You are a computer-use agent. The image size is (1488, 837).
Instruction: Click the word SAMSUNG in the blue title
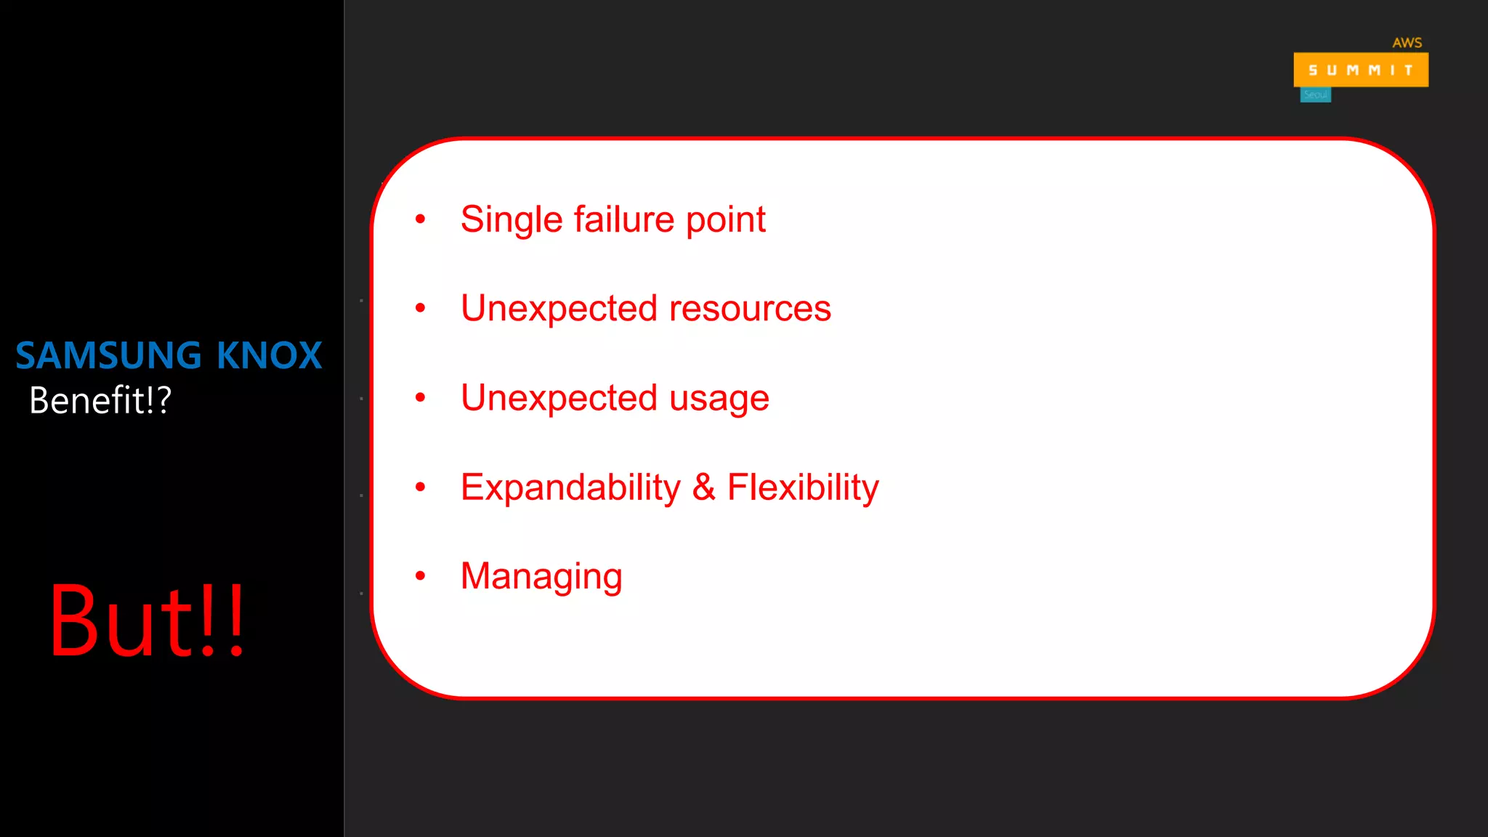click(x=108, y=356)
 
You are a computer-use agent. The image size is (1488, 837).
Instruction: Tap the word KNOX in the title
click(x=269, y=356)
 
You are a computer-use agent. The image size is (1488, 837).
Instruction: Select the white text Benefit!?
click(x=100, y=400)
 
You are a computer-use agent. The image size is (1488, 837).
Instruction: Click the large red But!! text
click(x=147, y=621)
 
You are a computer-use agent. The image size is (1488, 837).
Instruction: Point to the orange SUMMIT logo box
click(x=1360, y=70)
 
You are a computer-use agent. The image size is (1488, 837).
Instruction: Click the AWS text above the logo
click(x=1407, y=43)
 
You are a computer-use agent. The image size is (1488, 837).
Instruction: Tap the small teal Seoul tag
click(x=1315, y=95)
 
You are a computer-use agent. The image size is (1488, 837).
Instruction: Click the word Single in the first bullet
click(x=511, y=220)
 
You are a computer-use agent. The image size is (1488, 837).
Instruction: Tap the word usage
click(x=719, y=399)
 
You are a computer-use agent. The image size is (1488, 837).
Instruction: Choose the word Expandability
click(x=570, y=488)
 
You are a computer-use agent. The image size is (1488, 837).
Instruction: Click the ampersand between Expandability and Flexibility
click(x=703, y=487)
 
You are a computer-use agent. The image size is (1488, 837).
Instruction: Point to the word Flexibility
click(x=803, y=488)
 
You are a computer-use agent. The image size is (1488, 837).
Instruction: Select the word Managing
click(x=541, y=577)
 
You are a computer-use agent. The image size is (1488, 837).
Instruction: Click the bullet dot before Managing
click(x=420, y=576)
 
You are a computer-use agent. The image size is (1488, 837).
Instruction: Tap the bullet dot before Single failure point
click(x=420, y=219)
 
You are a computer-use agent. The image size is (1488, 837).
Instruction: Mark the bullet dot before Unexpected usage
click(x=420, y=397)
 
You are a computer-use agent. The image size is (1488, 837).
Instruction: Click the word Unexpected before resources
click(x=559, y=309)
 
